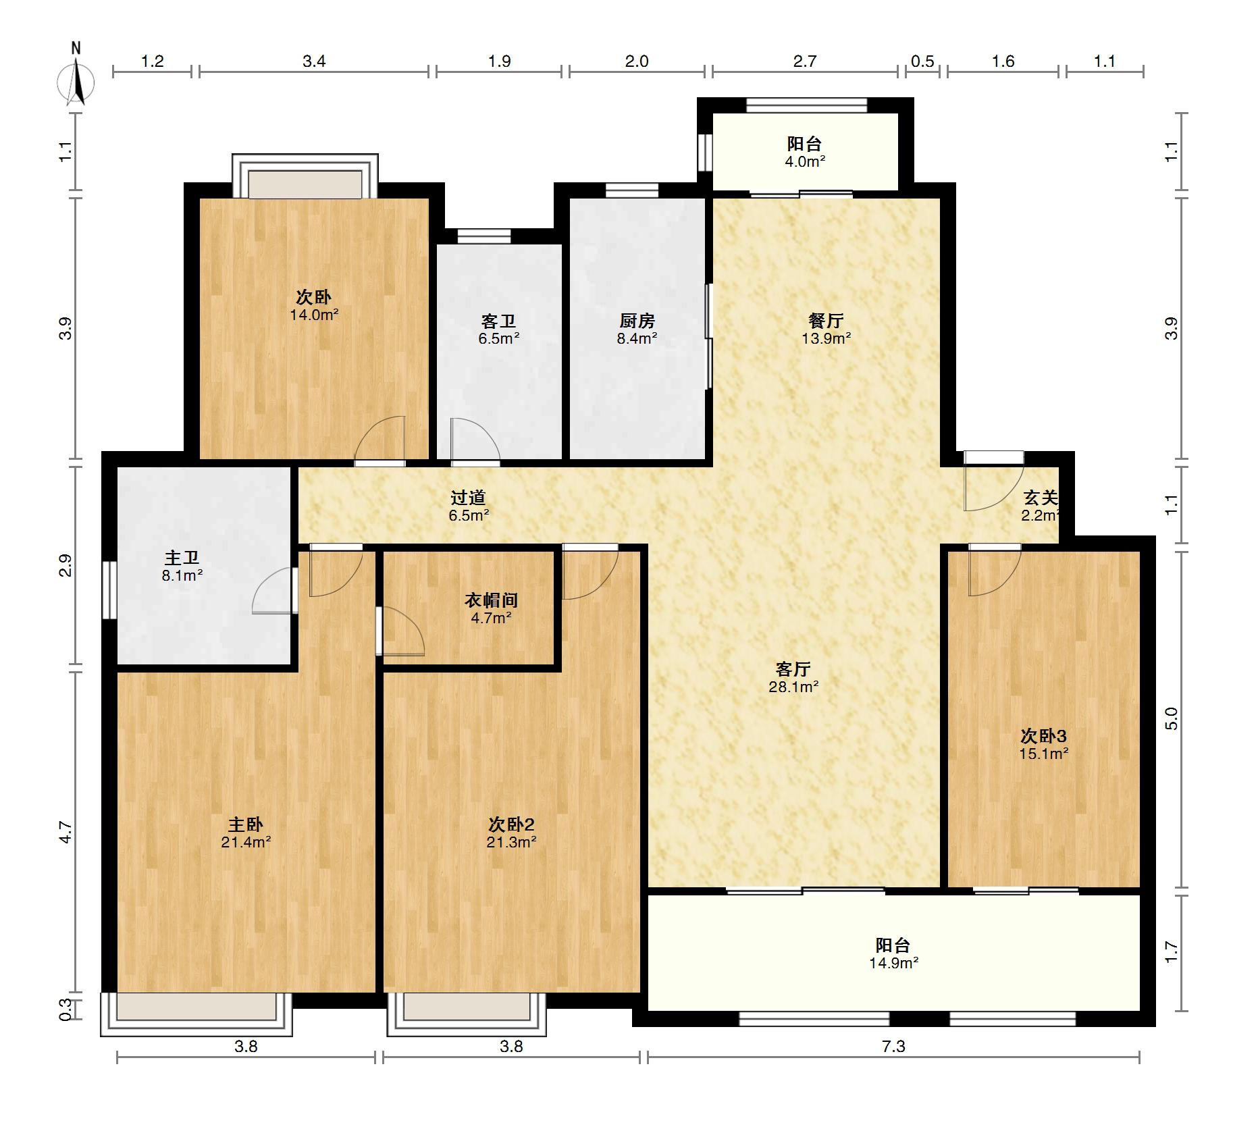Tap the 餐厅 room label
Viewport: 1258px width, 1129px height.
click(x=826, y=321)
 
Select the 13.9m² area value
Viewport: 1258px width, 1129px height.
click(x=826, y=339)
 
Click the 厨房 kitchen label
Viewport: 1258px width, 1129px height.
click(x=637, y=321)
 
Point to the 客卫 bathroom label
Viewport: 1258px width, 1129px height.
click(x=498, y=321)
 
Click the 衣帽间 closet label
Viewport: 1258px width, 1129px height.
click(x=491, y=600)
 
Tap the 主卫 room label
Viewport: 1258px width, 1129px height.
click(x=182, y=558)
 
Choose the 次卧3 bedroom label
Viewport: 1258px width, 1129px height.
click(x=1043, y=735)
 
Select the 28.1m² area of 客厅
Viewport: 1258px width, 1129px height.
click(x=793, y=687)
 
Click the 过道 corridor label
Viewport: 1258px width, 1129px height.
click(x=469, y=498)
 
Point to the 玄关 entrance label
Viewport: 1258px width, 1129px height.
click(x=1041, y=498)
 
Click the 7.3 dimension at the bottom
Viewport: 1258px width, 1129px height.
click(x=893, y=1047)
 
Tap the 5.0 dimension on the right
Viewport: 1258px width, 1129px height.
click(x=1172, y=718)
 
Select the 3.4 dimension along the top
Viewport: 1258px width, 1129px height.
click(x=314, y=61)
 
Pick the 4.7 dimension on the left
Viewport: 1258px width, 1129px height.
click(x=65, y=832)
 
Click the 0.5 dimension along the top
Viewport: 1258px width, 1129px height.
click(x=922, y=61)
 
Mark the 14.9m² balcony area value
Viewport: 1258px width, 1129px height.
click(x=893, y=964)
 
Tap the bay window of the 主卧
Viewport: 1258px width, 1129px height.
click(x=196, y=1013)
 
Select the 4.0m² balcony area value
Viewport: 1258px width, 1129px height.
click(x=805, y=161)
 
